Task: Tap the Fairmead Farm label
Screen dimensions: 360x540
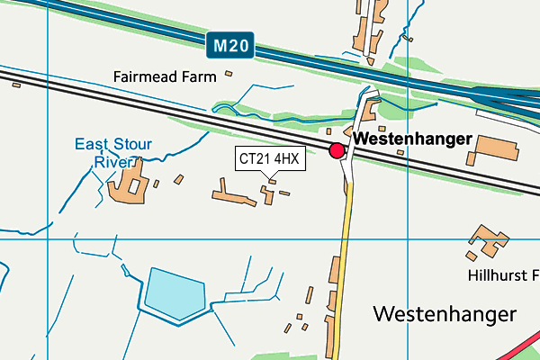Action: click(x=165, y=76)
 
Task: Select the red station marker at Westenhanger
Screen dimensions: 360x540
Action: click(x=337, y=150)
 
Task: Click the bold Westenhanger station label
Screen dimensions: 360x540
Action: click(x=412, y=139)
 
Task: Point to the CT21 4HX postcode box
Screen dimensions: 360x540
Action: click(x=270, y=159)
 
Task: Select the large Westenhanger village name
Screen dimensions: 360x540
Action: click(x=445, y=314)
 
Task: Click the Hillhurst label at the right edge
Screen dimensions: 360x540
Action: click(x=502, y=274)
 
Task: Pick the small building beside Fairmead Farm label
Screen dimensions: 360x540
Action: click(x=229, y=74)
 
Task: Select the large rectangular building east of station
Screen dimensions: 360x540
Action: click(x=490, y=148)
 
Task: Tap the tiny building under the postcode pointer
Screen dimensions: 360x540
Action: click(x=273, y=182)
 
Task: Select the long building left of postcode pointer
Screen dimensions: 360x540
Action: click(x=232, y=193)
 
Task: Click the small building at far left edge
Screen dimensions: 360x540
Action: click(x=16, y=85)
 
